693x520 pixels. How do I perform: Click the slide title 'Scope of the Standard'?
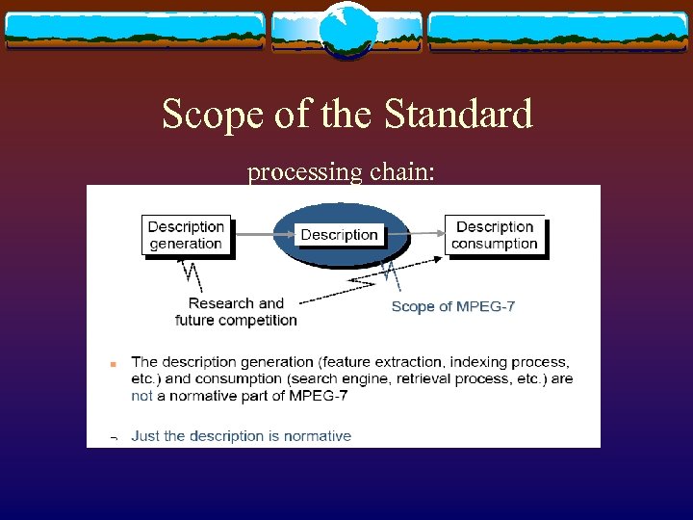coord(346,114)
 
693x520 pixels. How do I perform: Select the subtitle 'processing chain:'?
coord(341,172)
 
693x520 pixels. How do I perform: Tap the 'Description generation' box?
coord(186,235)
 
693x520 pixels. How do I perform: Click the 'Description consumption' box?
coord(495,235)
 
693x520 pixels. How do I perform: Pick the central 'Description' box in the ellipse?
coord(339,235)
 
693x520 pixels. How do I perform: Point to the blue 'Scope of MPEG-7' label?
coord(452,306)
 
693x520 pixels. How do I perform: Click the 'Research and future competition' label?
coord(236,311)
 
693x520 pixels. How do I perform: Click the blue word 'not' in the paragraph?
coord(141,395)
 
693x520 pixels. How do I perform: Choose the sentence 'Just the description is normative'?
coord(241,435)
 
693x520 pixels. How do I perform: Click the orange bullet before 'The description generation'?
coord(113,365)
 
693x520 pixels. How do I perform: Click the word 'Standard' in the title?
coord(457,114)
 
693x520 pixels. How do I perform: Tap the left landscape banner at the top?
coord(135,31)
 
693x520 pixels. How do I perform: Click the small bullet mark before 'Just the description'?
coord(113,437)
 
